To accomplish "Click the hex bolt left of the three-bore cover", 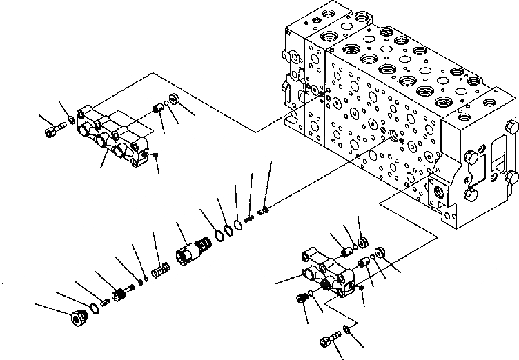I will (x=55, y=129).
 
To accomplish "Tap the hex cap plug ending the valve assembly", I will (x=74, y=320).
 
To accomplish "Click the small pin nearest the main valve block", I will (x=263, y=209).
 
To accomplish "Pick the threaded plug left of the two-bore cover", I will (x=301, y=297).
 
